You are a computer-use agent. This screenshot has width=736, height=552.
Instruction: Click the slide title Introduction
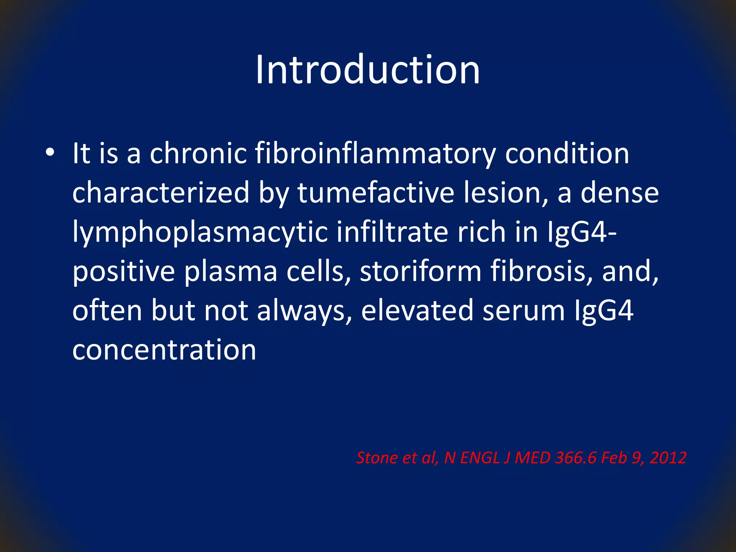pyautogui.click(x=367, y=70)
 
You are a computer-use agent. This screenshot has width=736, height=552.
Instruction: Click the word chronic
pyautogui.click(x=198, y=153)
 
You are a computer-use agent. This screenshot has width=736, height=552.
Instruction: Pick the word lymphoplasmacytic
pyautogui.click(x=200, y=233)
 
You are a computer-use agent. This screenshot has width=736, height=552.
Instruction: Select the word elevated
pyautogui.click(x=417, y=311)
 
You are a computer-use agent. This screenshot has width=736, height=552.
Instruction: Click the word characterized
pyautogui.click(x=161, y=193)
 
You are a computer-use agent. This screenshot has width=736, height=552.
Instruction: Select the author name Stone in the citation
pyautogui.click(x=377, y=458)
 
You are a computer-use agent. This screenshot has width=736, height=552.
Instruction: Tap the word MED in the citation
pyautogui.click(x=533, y=458)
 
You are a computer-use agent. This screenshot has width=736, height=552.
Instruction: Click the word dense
pyautogui.click(x=620, y=193)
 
